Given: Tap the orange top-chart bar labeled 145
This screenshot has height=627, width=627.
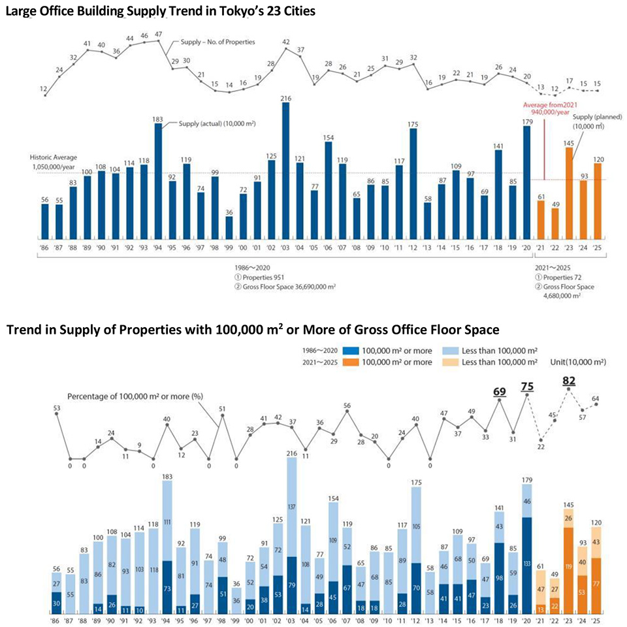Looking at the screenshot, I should click(x=570, y=194).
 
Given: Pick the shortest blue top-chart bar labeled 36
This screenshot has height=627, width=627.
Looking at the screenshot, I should click(x=229, y=229).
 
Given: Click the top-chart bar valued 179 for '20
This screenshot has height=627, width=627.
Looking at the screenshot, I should click(x=527, y=184).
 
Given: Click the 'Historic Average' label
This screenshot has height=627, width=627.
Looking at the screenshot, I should click(x=52, y=157).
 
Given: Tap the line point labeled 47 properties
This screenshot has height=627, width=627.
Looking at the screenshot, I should click(x=158, y=41).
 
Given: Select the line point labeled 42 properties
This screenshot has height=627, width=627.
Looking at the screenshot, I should click(x=285, y=49).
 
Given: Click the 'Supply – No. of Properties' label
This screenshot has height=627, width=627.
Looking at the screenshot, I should click(x=217, y=42).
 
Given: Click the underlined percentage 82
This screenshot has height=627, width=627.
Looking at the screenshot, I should click(x=568, y=380).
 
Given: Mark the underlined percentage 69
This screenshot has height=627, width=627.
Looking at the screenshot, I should click(x=500, y=391).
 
